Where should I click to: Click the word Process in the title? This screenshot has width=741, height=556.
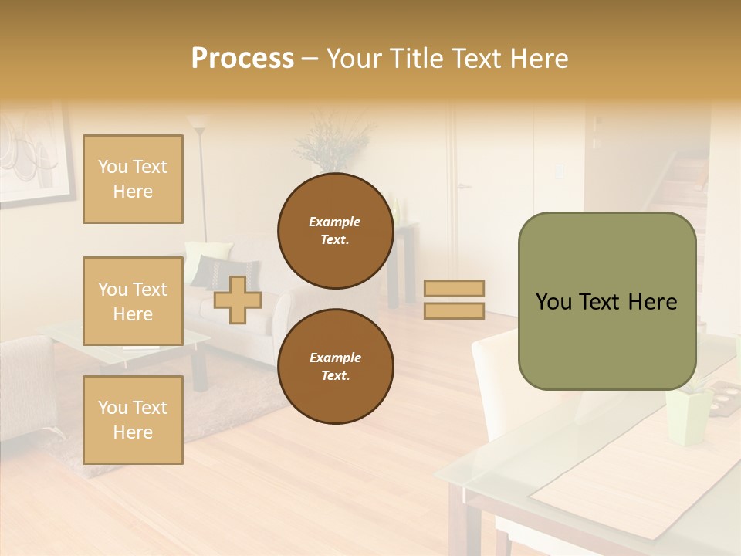[242, 59]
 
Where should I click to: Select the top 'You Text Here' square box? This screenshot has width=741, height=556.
[133, 179]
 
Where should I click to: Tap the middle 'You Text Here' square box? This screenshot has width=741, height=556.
[133, 301]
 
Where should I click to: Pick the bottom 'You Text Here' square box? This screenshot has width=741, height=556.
[133, 420]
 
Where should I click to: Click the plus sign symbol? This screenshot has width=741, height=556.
[238, 300]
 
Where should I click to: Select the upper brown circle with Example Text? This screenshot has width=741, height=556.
[336, 231]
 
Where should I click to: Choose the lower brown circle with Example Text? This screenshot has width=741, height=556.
[336, 367]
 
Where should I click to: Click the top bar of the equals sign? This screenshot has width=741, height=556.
[455, 289]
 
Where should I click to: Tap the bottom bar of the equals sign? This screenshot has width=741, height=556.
[455, 311]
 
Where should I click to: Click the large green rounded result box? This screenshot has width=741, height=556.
[607, 301]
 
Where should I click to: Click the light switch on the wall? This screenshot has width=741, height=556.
[559, 171]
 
